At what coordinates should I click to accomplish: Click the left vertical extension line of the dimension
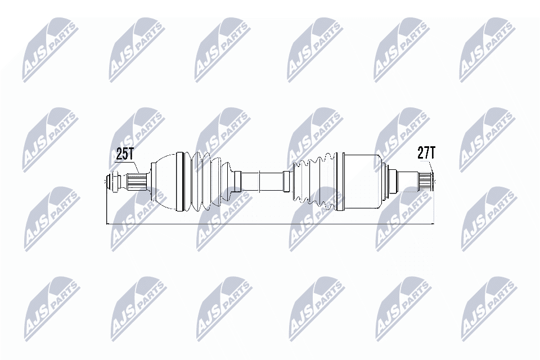click(107, 208)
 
